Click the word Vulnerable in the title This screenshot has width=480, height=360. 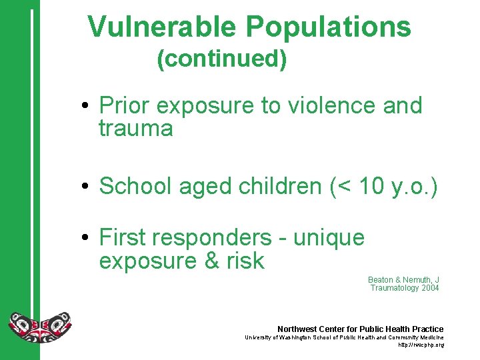[x=162, y=27]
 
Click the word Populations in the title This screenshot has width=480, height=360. [x=328, y=27]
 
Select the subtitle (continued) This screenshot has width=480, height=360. [x=222, y=59]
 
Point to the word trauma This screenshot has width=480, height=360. [x=135, y=128]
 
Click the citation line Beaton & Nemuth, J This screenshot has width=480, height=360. [x=403, y=279]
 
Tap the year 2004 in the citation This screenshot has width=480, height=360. [x=430, y=288]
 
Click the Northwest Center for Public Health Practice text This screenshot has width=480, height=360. [x=360, y=329]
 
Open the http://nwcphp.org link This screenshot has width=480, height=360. [x=421, y=345]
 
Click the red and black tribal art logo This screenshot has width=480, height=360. [x=39, y=327]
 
